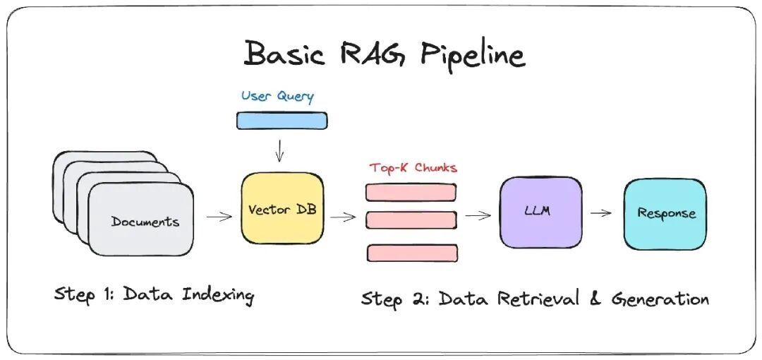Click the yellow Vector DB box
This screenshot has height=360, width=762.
(282, 210)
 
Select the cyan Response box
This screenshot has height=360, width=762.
(665, 213)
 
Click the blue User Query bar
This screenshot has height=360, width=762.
(281, 121)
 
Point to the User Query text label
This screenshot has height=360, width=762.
(277, 96)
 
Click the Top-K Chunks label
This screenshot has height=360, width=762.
(413, 168)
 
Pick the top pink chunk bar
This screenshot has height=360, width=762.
(411, 192)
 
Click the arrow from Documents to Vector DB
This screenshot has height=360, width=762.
(219, 217)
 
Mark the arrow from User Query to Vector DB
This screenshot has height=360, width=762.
(281, 150)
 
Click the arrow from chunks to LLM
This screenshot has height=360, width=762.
(478, 216)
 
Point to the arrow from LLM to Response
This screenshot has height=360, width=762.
(601, 213)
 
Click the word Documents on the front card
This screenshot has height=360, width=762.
(145, 222)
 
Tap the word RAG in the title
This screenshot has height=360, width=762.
(373, 54)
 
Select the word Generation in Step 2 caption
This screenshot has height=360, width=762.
(660, 299)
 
